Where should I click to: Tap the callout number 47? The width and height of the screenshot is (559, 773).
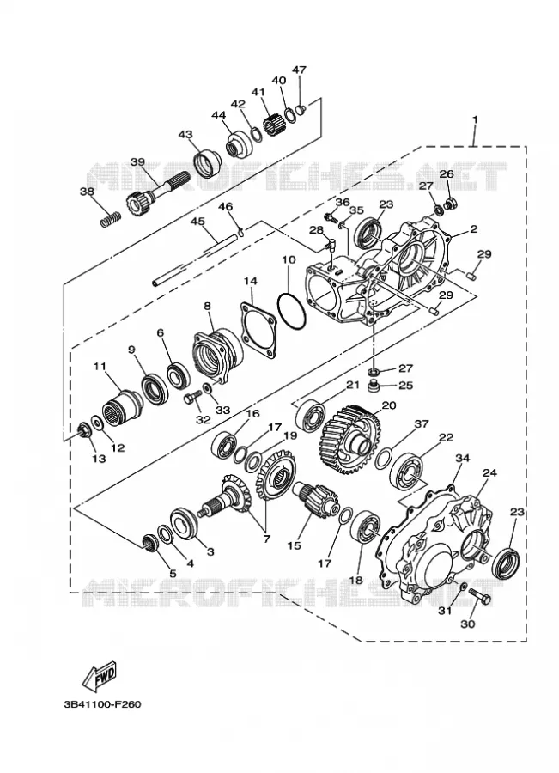[299, 70]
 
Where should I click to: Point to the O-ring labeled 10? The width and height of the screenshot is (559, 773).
[292, 311]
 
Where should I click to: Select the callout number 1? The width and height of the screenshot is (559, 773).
[475, 119]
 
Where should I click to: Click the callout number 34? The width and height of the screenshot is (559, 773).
[462, 458]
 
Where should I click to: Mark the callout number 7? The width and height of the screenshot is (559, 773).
[267, 539]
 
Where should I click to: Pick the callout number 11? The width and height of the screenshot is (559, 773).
[100, 366]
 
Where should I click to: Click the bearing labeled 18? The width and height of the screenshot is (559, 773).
[365, 526]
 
